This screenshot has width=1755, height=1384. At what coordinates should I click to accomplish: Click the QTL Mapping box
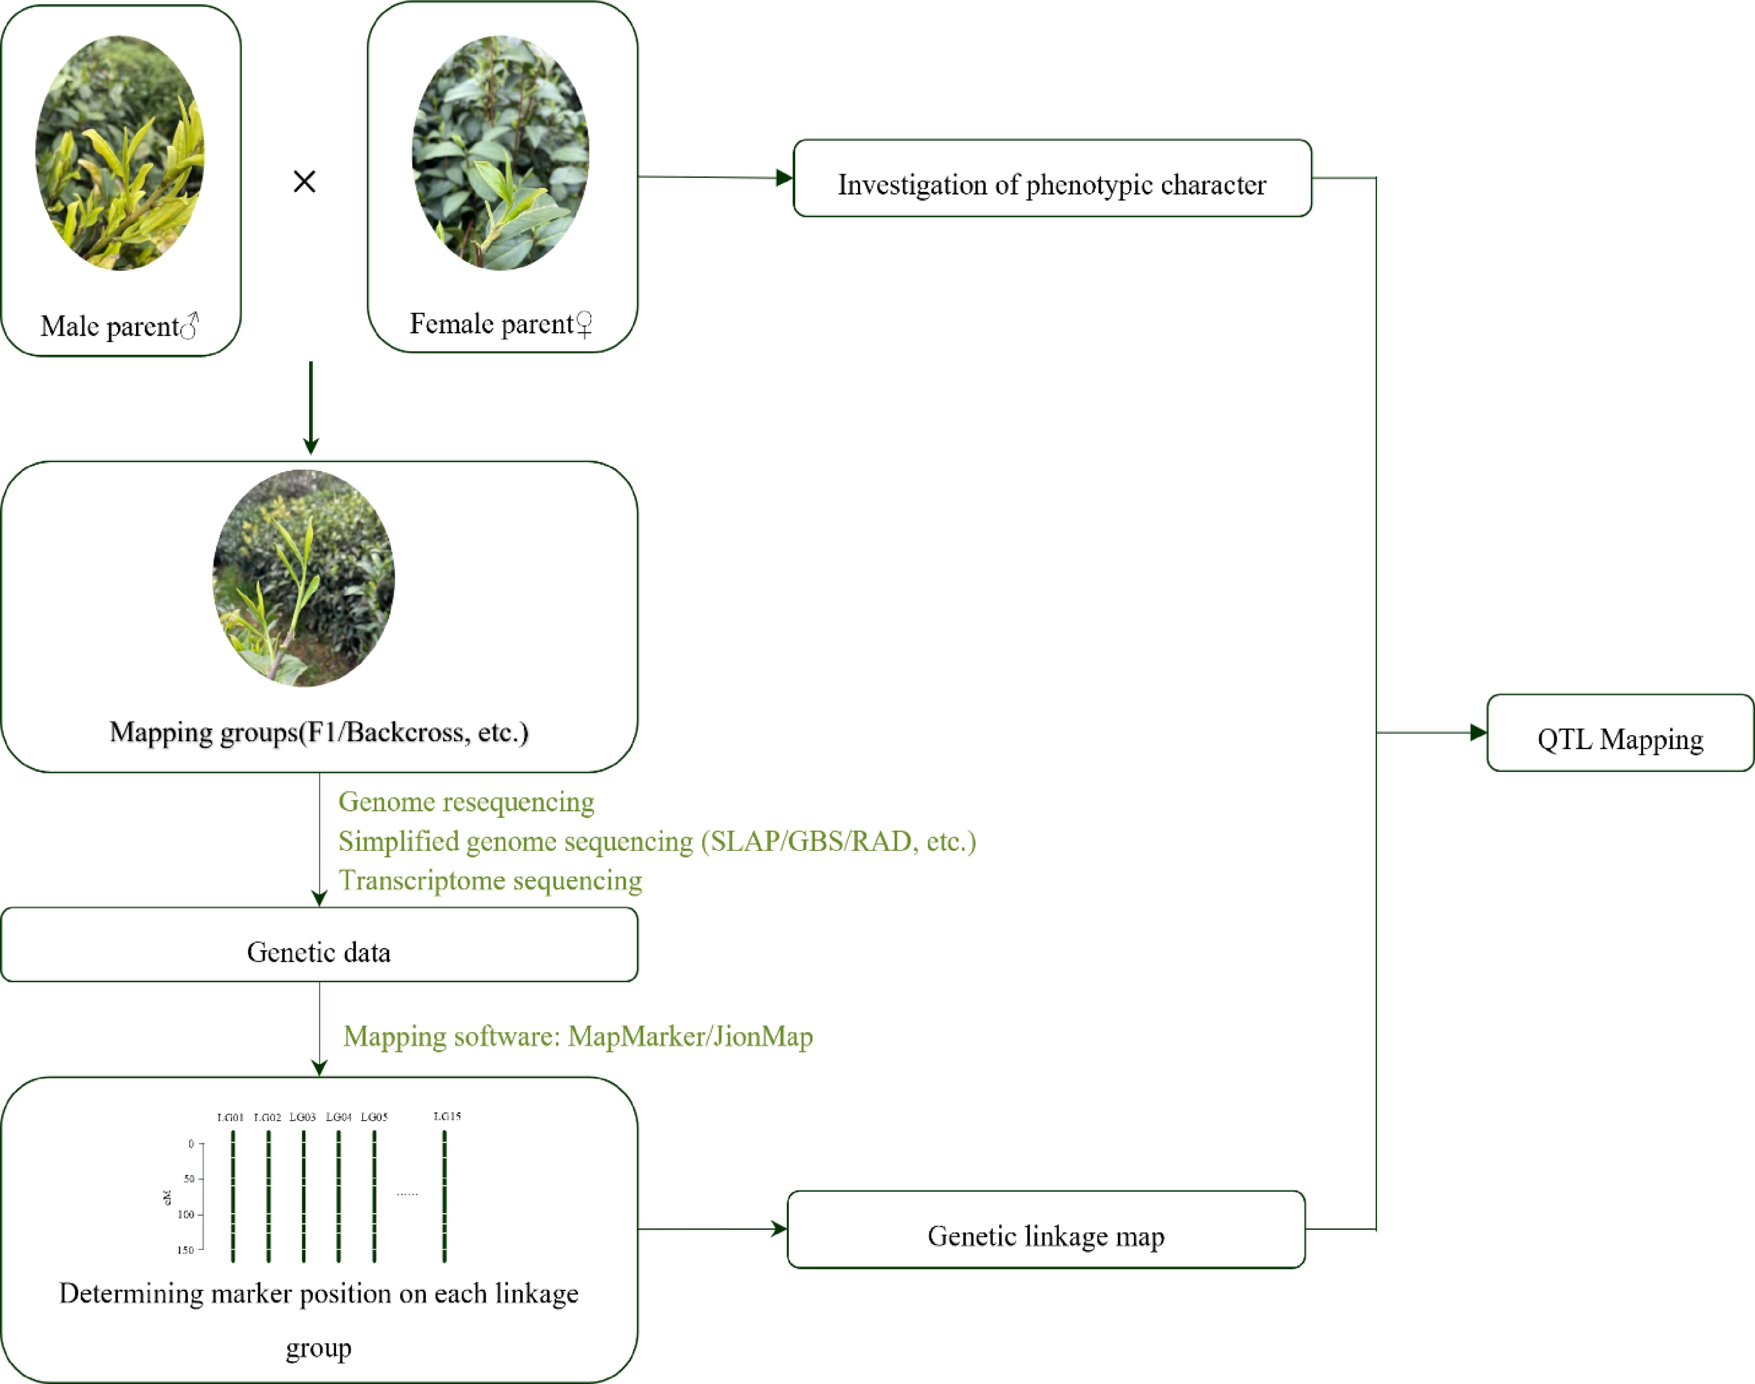coord(1620,733)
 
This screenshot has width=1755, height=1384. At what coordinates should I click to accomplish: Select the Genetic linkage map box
coord(1046,1230)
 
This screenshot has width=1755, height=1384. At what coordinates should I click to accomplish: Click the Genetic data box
coord(318,945)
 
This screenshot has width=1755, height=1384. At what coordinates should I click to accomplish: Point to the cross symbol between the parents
coord(305,182)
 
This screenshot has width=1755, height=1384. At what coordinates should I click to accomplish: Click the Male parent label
coord(119,326)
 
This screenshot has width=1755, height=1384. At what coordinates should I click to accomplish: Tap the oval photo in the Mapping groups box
coord(304,578)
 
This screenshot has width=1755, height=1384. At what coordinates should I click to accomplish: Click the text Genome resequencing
coord(466,802)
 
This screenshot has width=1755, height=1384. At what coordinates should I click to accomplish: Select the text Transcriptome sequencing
coord(490,880)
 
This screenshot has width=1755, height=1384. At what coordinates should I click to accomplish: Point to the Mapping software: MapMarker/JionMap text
coord(578,1037)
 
